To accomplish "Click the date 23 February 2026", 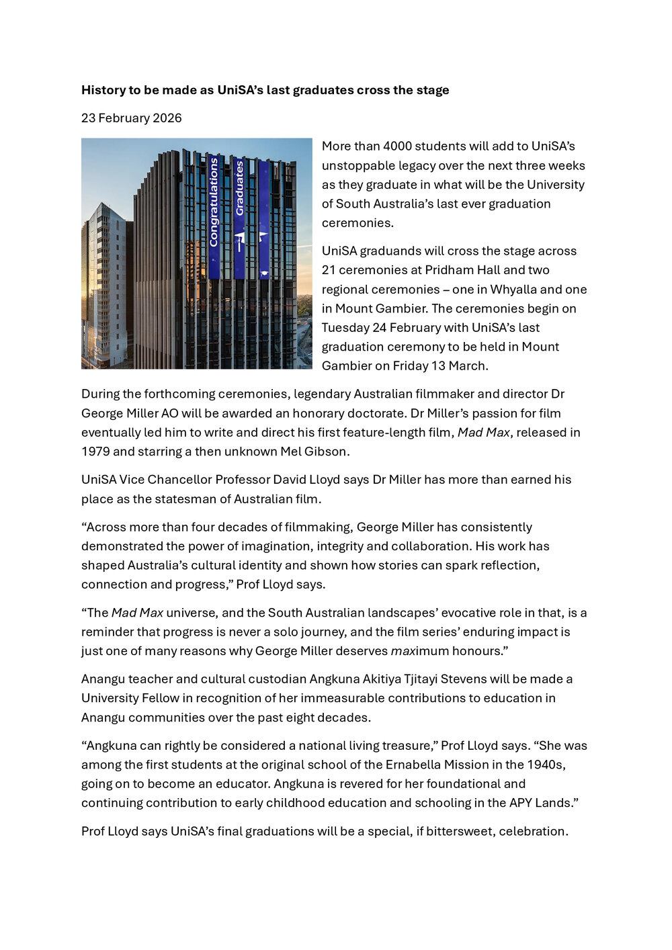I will tap(132, 118).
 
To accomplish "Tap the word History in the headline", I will tap(103, 90).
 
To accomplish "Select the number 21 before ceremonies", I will tap(329, 270).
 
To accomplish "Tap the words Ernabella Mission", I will tap(437, 765).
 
